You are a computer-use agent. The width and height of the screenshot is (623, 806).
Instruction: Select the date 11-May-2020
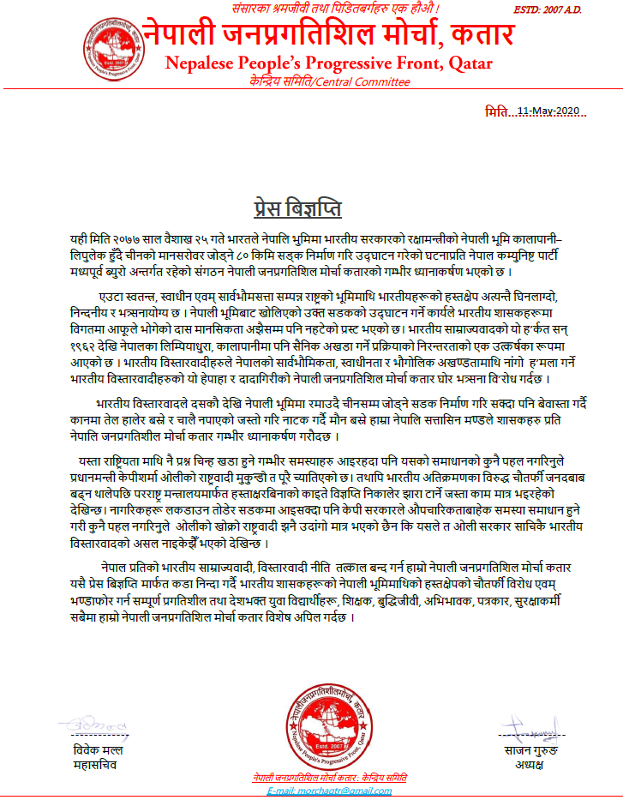coord(551,111)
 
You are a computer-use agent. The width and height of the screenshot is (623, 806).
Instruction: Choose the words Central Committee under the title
coord(369,81)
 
